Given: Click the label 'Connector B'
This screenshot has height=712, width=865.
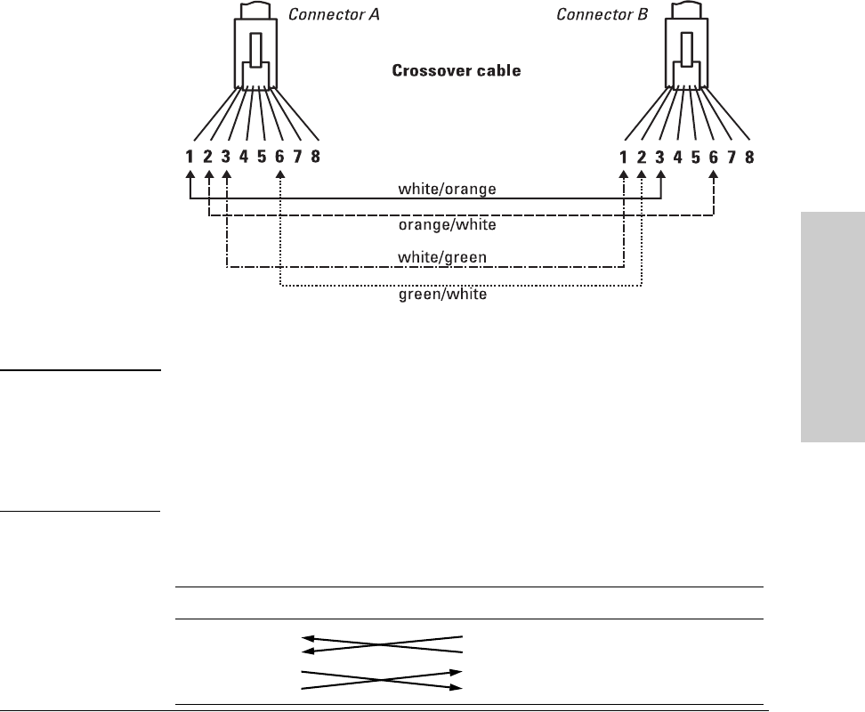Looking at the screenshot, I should click(x=598, y=14).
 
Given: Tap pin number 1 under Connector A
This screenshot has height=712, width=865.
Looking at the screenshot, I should click(x=190, y=157).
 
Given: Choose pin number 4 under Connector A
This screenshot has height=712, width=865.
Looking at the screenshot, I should click(x=244, y=157).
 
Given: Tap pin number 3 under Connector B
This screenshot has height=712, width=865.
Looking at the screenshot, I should click(x=659, y=157).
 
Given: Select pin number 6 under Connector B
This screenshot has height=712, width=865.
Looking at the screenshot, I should click(x=714, y=157).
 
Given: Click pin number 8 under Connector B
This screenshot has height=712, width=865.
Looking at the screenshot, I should click(x=749, y=157).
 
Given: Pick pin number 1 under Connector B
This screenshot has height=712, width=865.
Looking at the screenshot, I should click(x=623, y=157).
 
